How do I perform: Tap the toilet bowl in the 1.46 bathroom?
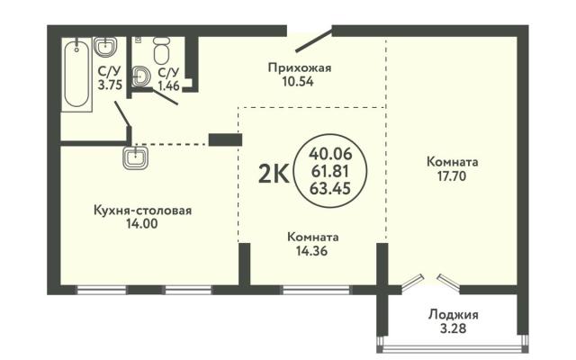[x=161, y=50]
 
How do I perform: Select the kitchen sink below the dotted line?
[x=136, y=158]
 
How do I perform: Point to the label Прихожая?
[x=300, y=68]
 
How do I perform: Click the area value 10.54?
[x=298, y=81]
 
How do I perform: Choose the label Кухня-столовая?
[x=143, y=211]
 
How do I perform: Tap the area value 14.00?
[x=142, y=224]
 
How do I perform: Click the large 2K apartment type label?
[x=274, y=174]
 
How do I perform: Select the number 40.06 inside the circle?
[x=330, y=153]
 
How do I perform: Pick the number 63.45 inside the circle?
[x=330, y=188]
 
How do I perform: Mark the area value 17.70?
[x=452, y=176]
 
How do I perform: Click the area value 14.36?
[x=312, y=251]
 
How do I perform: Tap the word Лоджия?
[x=454, y=315]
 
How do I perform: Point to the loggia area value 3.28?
[x=453, y=328]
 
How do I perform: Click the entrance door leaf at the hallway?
[x=314, y=40]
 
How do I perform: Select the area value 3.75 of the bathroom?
[x=110, y=85]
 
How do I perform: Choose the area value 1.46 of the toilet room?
[x=168, y=85]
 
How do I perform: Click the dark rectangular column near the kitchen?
[x=225, y=139]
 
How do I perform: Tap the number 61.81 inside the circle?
[x=330, y=171]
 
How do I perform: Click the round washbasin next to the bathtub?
[x=106, y=47]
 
